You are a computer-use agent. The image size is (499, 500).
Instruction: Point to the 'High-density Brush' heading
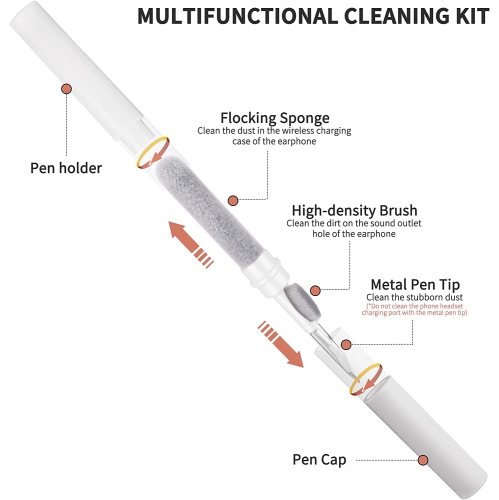click(356, 210)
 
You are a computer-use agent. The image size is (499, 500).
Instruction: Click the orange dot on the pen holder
click(67, 88)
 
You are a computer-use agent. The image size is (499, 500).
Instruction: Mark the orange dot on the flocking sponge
click(233, 199)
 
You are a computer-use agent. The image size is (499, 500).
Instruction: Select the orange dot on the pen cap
click(423, 460)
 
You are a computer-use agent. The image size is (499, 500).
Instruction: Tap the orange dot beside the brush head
click(316, 290)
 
